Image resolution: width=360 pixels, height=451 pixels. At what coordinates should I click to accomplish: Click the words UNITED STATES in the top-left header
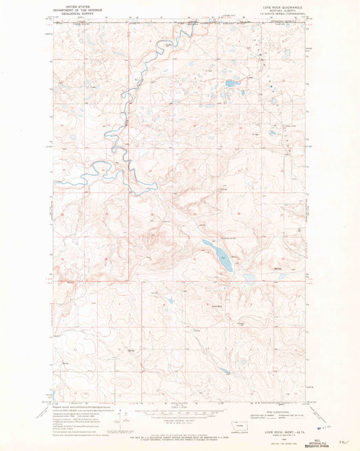click(75, 4)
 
